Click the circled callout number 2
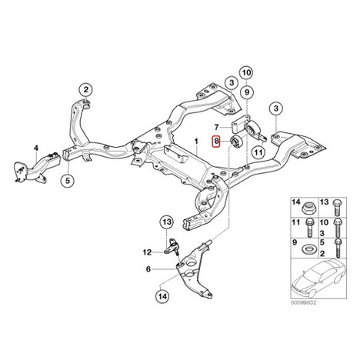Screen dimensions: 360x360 pos(85,90)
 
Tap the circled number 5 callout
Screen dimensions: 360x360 pos(68,181)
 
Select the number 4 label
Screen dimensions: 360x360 pos(36,148)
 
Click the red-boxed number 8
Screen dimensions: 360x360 pos(216,141)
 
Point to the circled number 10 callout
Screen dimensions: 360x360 pos(246,73)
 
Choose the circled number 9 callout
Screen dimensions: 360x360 pos(247,92)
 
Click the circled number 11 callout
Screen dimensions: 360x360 pos(258,152)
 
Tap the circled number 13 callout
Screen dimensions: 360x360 pos(167,222)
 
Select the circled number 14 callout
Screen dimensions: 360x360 pos(162,297)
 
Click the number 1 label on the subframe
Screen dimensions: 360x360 pos(196,142)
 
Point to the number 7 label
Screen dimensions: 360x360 pos(216,127)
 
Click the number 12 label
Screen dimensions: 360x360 pos(148,252)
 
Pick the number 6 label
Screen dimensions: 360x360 pos(148,269)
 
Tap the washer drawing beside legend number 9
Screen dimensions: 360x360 pos(308,249)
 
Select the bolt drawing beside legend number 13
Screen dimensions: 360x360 pos(337,207)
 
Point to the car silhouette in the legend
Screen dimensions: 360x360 pos(318,278)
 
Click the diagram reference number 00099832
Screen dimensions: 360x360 pos(303,303)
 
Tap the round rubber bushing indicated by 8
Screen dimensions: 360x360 pos(235,142)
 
